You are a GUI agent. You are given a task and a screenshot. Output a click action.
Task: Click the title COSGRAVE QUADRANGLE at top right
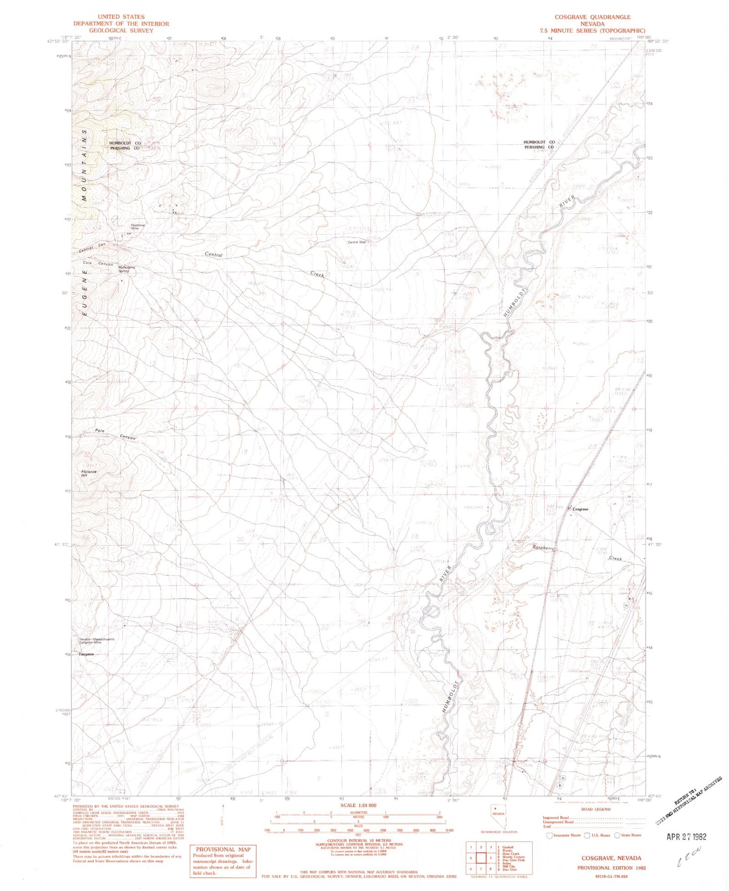click(592, 17)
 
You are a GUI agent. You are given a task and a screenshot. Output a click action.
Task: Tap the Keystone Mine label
click(138, 226)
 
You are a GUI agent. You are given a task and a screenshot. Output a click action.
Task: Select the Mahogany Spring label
click(126, 269)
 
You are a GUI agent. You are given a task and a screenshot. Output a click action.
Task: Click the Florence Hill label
click(89, 473)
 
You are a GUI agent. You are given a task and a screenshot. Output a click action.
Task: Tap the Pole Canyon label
click(115, 434)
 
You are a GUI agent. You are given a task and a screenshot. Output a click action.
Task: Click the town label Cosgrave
click(580, 509)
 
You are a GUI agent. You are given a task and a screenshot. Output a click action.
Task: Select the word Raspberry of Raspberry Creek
click(543, 548)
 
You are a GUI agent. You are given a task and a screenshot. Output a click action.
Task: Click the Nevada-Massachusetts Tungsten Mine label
click(97, 641)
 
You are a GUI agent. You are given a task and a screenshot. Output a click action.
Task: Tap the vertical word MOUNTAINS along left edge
click(84, 165)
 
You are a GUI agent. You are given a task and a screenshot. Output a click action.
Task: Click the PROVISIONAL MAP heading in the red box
click(223, 849)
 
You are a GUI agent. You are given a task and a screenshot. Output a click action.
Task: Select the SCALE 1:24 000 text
click(359, 805)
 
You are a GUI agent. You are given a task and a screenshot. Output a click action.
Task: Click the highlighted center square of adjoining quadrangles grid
click(481, 858)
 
